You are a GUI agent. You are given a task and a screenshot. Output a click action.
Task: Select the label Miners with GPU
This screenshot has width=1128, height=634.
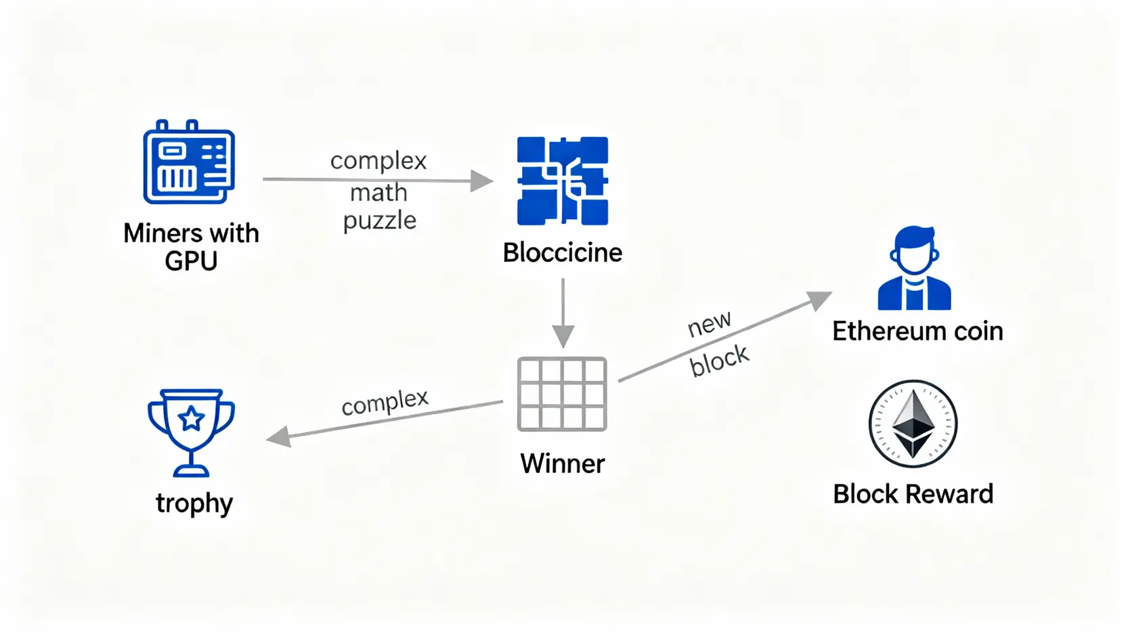[x=191, y=246]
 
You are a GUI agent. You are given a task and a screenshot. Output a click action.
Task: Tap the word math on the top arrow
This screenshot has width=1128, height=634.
[x=378, y=193]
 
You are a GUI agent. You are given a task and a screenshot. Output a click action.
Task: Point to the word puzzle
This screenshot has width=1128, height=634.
[x=379, y=220]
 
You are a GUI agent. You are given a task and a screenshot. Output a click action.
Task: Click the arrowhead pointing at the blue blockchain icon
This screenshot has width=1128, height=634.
[x=481, y=181]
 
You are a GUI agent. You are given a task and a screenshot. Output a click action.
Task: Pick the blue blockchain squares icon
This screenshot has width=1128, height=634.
[x=562, y=181]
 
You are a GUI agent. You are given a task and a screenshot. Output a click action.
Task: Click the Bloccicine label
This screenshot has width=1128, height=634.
[x=562, y=252]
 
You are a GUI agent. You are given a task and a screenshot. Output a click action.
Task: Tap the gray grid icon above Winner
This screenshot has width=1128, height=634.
[x=562, y=394]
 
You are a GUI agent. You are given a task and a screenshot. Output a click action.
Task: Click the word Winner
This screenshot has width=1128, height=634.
[x=562, y=463]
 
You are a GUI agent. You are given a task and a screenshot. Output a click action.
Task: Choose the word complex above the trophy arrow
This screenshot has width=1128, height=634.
[x=385, y=402]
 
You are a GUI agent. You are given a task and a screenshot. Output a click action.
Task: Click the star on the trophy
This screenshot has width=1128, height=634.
[x=191, y=419]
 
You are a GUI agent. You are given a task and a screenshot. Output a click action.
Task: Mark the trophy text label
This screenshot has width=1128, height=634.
[x=194, y=503]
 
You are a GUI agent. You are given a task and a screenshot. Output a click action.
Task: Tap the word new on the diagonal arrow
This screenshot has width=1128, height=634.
[x=709, y=324]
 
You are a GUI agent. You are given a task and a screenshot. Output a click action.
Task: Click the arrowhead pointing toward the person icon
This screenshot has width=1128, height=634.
[x=820, y=300]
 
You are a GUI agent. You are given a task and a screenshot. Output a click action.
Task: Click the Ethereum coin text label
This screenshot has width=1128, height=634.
[x=917, y=332]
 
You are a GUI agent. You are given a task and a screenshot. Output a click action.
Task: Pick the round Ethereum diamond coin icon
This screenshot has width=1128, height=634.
[x=913, y=424]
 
